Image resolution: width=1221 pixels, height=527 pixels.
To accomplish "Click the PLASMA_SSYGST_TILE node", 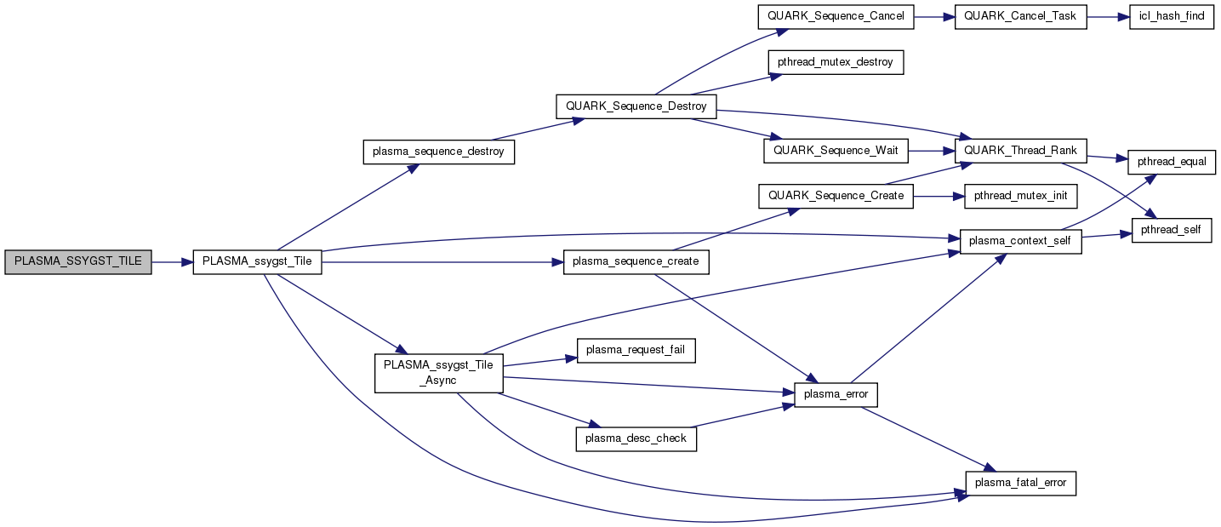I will [78, 262].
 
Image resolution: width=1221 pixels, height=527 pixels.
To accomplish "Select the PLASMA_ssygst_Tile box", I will [258, 262].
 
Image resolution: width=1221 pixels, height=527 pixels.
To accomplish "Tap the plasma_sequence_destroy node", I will [438, 152].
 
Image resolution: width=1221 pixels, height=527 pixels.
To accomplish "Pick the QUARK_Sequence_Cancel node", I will [836, 17].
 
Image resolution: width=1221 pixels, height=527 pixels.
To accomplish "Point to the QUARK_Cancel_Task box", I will [1021, 17].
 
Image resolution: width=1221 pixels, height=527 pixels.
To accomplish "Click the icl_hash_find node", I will [1172, 17].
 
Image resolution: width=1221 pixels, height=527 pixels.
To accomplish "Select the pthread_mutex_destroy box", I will [835, 62].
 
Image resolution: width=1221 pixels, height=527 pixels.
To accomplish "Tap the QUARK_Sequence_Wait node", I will [836, 151].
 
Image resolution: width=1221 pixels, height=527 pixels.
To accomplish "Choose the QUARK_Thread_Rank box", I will [1021, 151].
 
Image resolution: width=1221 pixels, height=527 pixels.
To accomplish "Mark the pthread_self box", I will [1171, 230].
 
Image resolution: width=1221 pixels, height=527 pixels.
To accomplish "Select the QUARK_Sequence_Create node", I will [836, 196].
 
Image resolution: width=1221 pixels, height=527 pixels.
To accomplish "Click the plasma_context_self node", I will [1021, 242].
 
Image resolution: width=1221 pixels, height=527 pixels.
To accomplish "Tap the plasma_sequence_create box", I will [636, 262].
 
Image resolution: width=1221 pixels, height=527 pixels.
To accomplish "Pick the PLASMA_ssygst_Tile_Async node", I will [438, 373].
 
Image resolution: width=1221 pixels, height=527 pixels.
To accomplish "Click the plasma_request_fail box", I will [636, 350].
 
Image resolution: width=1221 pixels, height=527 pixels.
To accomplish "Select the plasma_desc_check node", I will [636, 438].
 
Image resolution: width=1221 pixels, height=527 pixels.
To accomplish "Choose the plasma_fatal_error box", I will [1021, 483].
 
